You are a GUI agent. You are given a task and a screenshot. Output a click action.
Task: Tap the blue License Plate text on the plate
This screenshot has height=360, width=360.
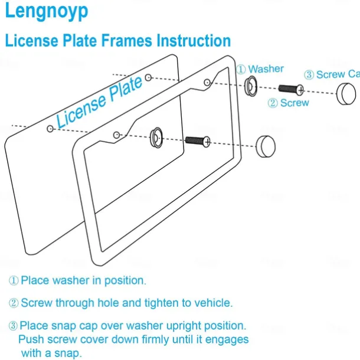(x=100, y=101)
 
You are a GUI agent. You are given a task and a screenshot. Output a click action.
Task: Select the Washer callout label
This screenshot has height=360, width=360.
(x=266, y=69)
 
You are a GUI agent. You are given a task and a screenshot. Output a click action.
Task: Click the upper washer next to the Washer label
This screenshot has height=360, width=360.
(x=251, y=86)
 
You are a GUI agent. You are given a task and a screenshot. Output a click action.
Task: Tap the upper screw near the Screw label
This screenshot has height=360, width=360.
(x=291, y=89)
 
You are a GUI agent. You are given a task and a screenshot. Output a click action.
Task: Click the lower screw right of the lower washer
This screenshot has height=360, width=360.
(x=198, y=140)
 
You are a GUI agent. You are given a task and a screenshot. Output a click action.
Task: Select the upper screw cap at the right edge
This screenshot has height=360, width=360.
(x=346, y=94)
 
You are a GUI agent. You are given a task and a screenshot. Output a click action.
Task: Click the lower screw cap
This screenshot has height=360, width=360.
(x=265, y=145)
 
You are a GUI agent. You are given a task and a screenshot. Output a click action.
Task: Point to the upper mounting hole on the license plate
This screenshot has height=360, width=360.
(x=148, y=77)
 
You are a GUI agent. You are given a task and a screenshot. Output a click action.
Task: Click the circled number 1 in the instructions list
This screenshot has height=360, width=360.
(x=14, y=280)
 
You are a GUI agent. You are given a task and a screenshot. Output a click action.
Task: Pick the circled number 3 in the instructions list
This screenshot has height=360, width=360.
(x=13, y=326)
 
